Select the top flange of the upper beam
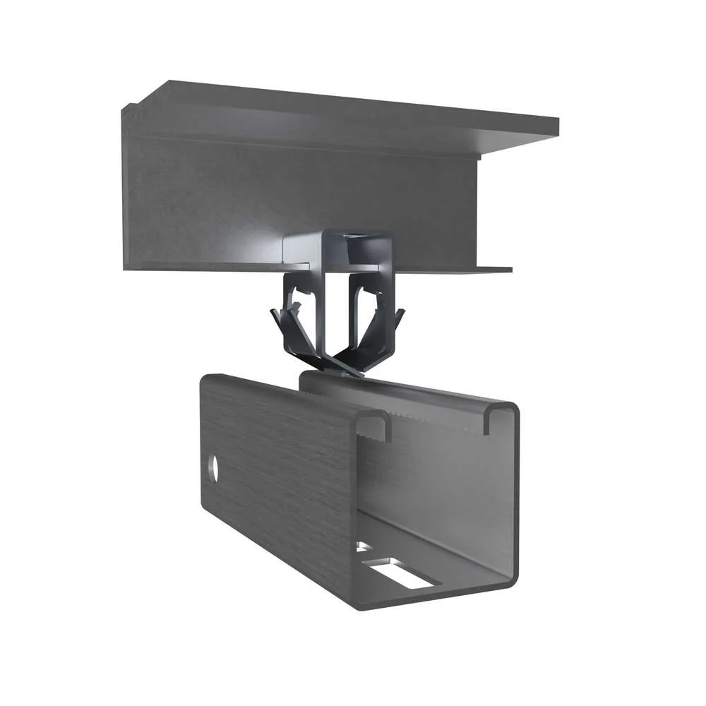click(x=353, y=106)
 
